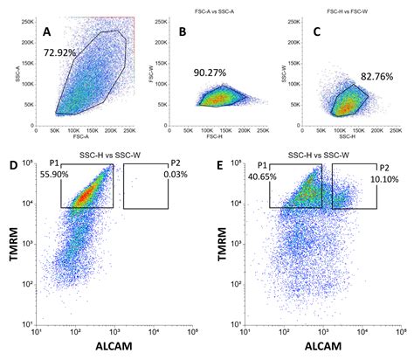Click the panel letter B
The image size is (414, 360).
[x=183, y=32]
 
